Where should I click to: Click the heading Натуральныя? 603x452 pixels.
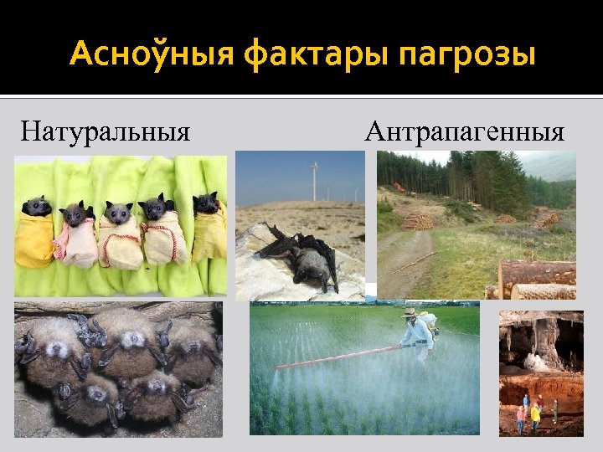click(106, 131)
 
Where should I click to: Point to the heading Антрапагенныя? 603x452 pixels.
click(465, 131)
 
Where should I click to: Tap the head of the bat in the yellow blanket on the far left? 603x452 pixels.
click(37, 206)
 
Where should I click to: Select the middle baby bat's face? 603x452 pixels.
click(118, 213)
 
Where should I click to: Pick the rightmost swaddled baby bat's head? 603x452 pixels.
click(205, 203)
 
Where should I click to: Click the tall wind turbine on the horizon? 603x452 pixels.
click(315, 180)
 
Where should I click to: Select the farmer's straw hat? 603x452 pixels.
click(410, 312)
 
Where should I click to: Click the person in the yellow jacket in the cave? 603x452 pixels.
click(535, 413)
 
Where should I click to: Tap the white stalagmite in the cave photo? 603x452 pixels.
click(533, 362)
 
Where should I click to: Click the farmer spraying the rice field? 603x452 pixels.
click(416, 335)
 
